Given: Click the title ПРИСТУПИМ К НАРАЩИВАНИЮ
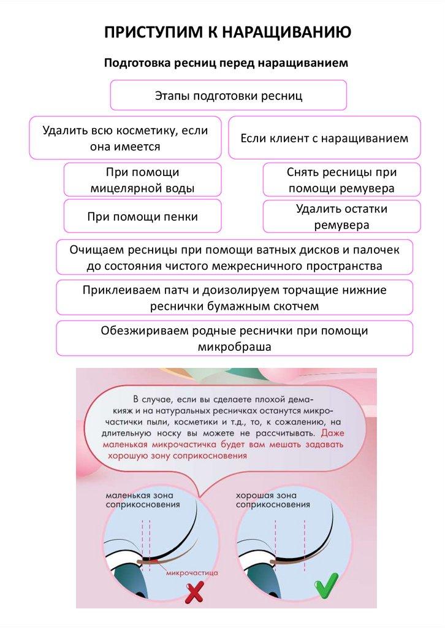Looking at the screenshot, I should click(x=227, y=33).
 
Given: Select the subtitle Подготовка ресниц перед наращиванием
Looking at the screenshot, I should click(x=226, y=63).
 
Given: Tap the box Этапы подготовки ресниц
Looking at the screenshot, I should click(x=228, y=96).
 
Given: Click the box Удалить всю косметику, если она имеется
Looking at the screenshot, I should click(x=125, y=139).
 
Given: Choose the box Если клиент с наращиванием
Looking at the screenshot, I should click(x=324, y=139).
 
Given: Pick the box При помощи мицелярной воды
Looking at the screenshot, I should click(x=142, y=180).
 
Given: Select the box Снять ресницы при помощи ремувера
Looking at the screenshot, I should click(x=341, y=180).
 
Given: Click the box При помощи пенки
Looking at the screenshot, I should click(x=142, y=216).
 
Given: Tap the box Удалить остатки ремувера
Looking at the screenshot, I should click(x=341, y=216).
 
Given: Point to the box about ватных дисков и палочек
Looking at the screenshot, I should click(x=234, y=258).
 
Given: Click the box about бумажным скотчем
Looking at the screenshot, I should click(x=234, y=297).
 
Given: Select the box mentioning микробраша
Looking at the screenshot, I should click(x=234, y=339).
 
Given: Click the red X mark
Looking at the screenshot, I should click(x=195, y=592).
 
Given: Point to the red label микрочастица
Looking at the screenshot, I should click(x=191, y=573).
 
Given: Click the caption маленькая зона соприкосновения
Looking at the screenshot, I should click(x=143, y=500).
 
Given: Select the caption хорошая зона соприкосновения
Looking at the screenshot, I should click(x=273, y=500).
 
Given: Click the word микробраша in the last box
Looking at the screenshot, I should click(x=234, y=347).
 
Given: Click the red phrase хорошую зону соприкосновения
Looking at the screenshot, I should click(x=177, y=456).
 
